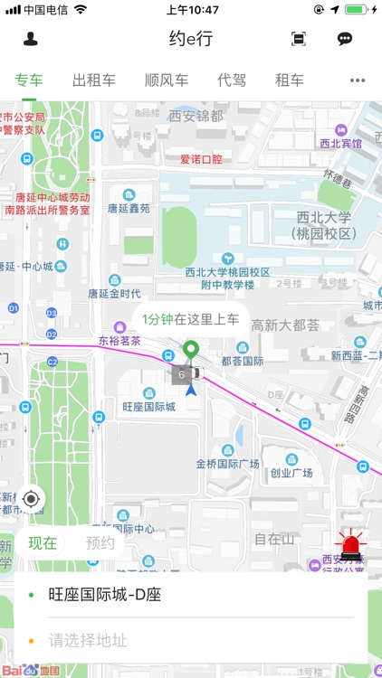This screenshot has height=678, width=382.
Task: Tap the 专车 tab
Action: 29,80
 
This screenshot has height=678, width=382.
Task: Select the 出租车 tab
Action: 94,80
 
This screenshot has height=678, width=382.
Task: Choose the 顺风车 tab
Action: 167,80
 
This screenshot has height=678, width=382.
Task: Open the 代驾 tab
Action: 232,80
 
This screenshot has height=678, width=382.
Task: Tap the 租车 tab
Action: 290,80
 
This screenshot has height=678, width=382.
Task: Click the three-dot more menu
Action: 358,80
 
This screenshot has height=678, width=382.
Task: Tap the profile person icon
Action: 31,39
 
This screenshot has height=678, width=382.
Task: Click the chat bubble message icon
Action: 345,39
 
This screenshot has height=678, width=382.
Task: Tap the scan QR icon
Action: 299,39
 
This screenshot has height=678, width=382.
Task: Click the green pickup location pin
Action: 190,351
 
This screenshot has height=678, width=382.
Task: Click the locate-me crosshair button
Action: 32,498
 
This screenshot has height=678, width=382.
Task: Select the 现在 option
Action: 43,543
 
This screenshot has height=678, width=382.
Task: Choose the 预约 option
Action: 100,543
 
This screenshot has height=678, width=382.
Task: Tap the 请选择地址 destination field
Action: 88,641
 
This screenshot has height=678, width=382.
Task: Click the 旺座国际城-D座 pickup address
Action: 104,595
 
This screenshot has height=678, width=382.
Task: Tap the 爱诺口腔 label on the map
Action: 201,159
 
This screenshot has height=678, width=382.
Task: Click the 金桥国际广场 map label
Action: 227,464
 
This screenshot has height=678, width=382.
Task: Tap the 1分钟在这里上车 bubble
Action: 190,318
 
